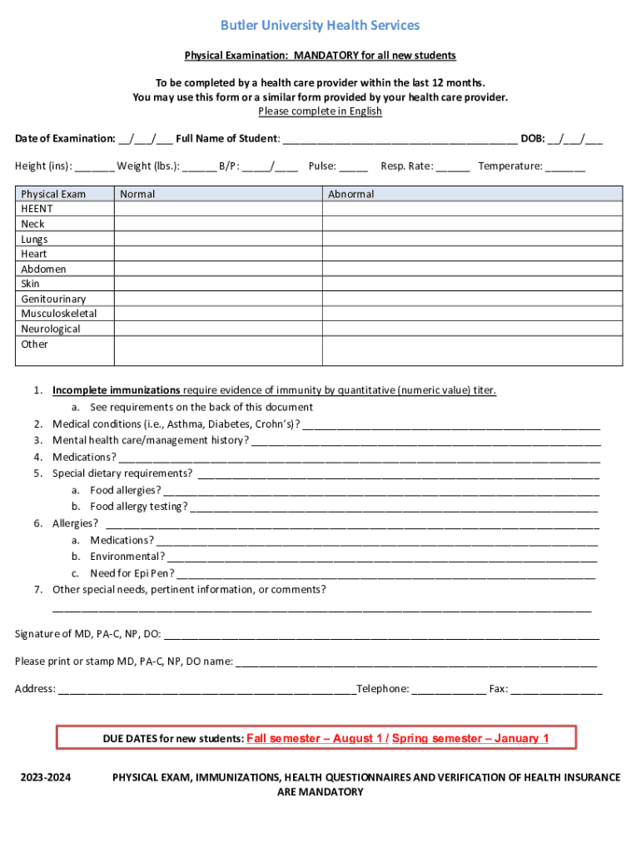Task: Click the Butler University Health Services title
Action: point(320,26)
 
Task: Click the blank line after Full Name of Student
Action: point(400,139)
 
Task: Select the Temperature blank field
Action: point(566,166)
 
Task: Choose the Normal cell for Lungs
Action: point(218,239)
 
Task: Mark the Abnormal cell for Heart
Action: point(472,254)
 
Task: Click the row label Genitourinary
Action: point(53,299)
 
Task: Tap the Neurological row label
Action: point(51,329)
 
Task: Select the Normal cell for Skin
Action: point(218,284)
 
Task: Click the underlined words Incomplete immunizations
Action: point(117,390)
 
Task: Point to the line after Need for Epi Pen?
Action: point(386,573)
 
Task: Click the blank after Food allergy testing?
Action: point(394,507)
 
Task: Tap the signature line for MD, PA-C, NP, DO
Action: point(381,635)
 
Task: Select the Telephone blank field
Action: point(449,689)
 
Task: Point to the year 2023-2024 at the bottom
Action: point(46,777)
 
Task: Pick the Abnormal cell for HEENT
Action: point(472,209)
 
